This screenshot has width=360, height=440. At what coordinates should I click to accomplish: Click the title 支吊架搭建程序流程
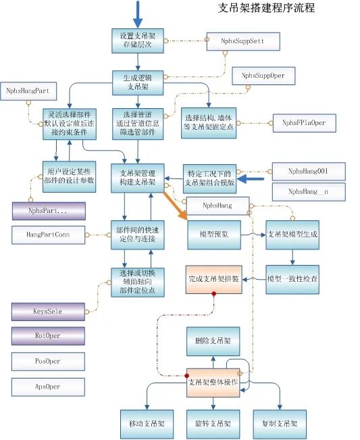coord(267,9)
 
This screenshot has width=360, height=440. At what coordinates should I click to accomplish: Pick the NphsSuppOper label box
coord(263,76)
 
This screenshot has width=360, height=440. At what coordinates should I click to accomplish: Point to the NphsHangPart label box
coord(30,90)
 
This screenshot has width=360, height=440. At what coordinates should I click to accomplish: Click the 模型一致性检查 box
coord(291,278)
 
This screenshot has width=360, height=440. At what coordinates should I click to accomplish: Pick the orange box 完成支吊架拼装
coord(213,278)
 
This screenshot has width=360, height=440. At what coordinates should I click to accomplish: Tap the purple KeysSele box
coord(49,312)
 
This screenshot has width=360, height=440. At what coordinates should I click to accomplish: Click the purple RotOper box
coord(49,336)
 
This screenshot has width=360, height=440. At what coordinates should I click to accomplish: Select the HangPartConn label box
coord(49,235)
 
